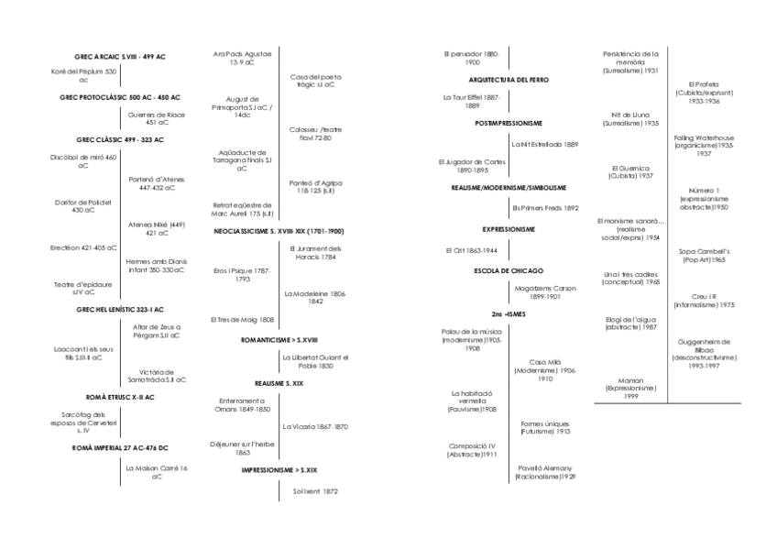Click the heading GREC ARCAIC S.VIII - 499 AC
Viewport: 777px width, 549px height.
pyautogui.click(x=119, y=57)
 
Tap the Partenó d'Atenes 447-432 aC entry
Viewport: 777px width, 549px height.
pyautogui.click(x=158, y=183)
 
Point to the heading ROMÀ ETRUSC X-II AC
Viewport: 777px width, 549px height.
pyautogui.click(x=119, y=397)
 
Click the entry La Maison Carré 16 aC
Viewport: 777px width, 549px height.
pyautogui.click(x=157, y=472)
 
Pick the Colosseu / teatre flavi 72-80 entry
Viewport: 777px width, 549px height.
pyautogui.click(x=315, y=134)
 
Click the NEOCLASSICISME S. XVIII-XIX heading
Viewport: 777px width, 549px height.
pyautogui.click(x=279, y=231)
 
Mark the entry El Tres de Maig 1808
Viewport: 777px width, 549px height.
pyautogui.click(x=242, y=320)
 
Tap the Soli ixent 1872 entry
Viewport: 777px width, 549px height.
pyautogui.click(x=315, y=491)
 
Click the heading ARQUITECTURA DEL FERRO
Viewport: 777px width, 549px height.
pyautogui.click(x=508, y=80)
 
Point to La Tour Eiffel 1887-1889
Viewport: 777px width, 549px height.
pyautogui.click(x=471, y=100)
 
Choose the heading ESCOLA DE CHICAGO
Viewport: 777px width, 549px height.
pyautogui.click(x=508, y=270)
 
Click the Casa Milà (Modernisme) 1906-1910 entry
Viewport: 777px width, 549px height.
pyautogui.click(x=545, y=369)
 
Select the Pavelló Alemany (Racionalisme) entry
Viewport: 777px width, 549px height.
pyautogui.click(x=545, y=471)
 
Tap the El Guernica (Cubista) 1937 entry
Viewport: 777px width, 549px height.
pyautogui.click(x=631, y=171)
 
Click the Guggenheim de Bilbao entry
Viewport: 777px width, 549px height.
pyautogui.click(x=703, y=353)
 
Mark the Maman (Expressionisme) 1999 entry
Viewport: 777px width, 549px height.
pyautogui.click(x=631, y=387)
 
